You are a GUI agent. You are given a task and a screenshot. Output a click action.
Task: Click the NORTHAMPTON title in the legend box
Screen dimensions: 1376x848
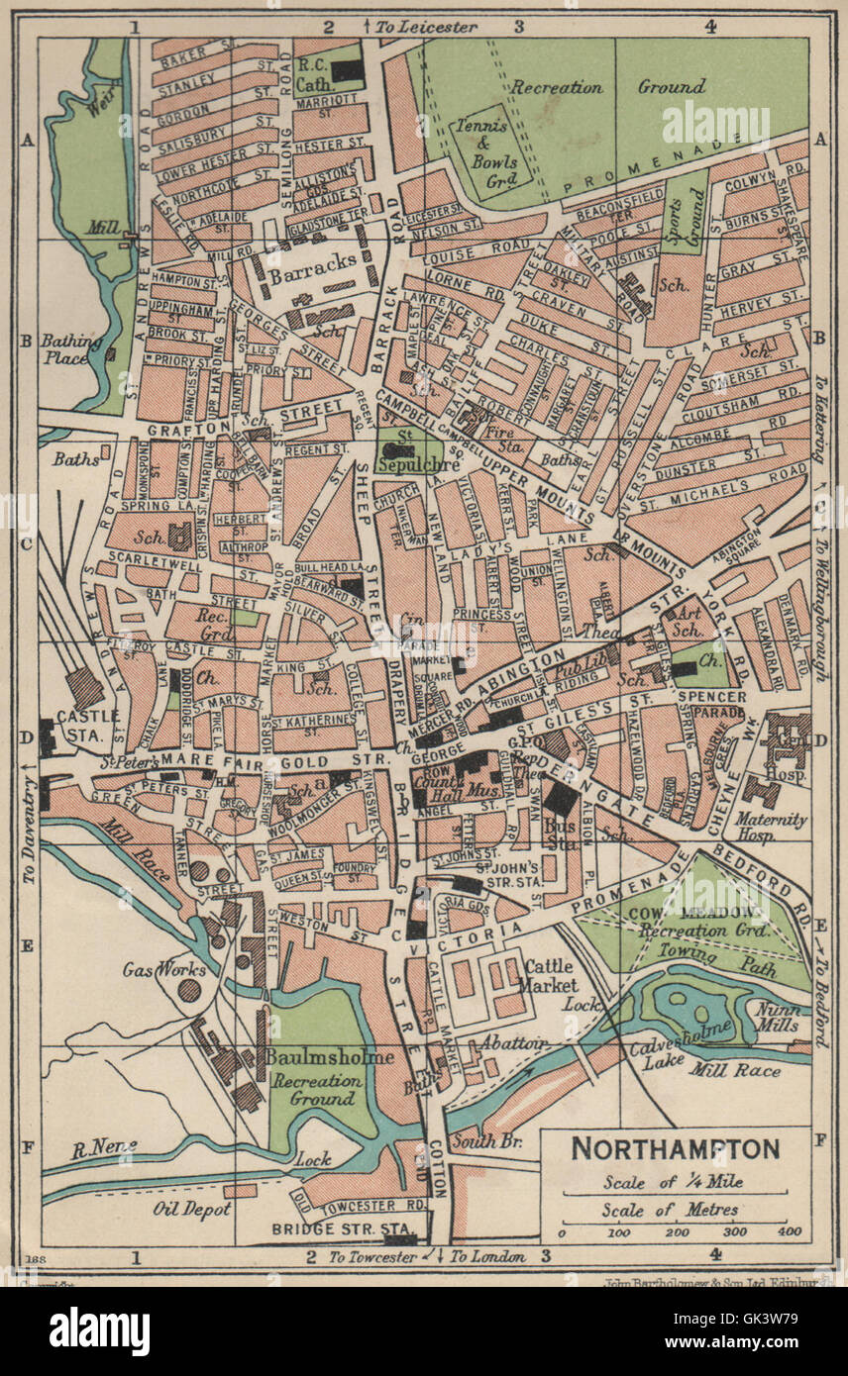click(x=676, y=1149)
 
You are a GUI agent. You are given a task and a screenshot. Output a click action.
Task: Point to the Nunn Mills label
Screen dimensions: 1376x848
click(x=778, y=1017)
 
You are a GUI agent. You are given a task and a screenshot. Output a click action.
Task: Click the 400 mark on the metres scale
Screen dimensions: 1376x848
click(x=789, y=1233)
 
